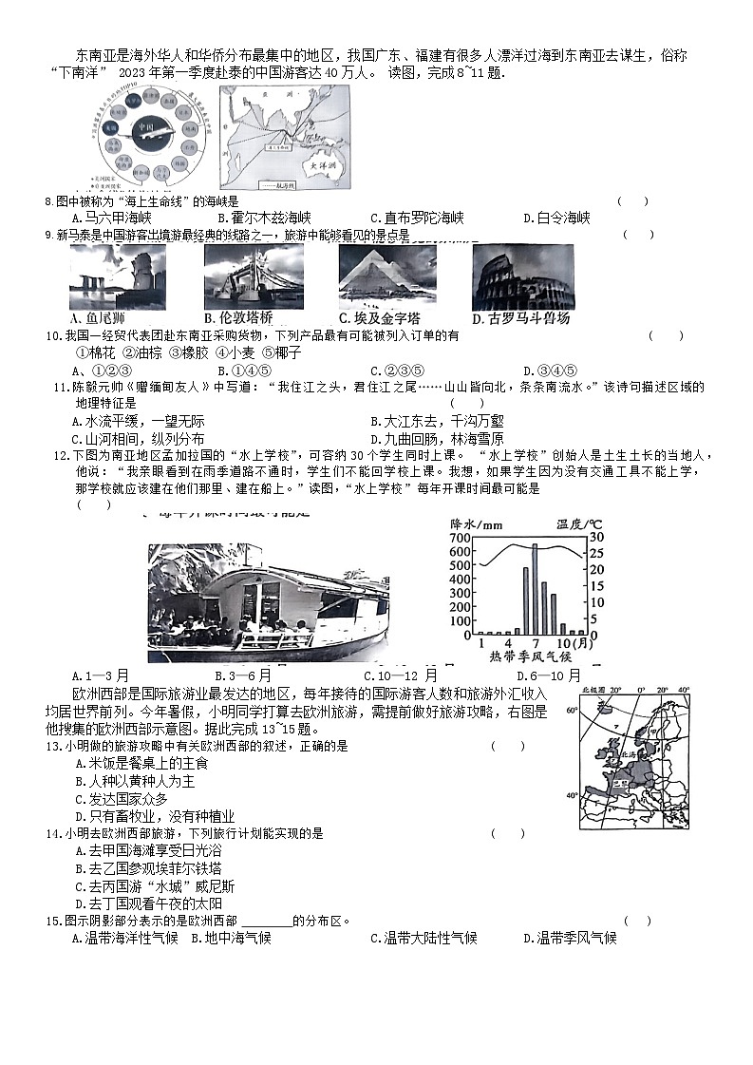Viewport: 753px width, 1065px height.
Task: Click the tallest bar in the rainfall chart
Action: point(534,588)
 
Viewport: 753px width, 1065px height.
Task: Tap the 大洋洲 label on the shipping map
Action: point(313,164)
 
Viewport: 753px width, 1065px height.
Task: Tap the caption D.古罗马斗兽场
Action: point(520,319)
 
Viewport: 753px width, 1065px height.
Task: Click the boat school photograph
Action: point(268,602)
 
